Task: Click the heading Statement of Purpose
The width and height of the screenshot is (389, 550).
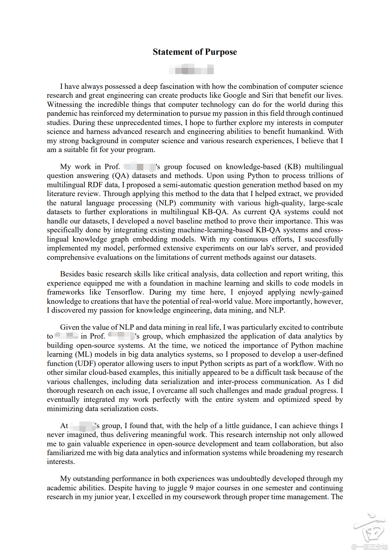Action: coord(194,52)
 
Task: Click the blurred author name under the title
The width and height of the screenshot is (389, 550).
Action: coord(191,69)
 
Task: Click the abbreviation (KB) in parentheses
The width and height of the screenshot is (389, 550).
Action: coord(293,167)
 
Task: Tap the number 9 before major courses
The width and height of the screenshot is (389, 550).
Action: coord(191,488)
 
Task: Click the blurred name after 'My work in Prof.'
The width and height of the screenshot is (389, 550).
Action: coord(139,167)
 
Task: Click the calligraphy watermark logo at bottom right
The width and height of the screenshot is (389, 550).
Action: coord(369,528)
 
